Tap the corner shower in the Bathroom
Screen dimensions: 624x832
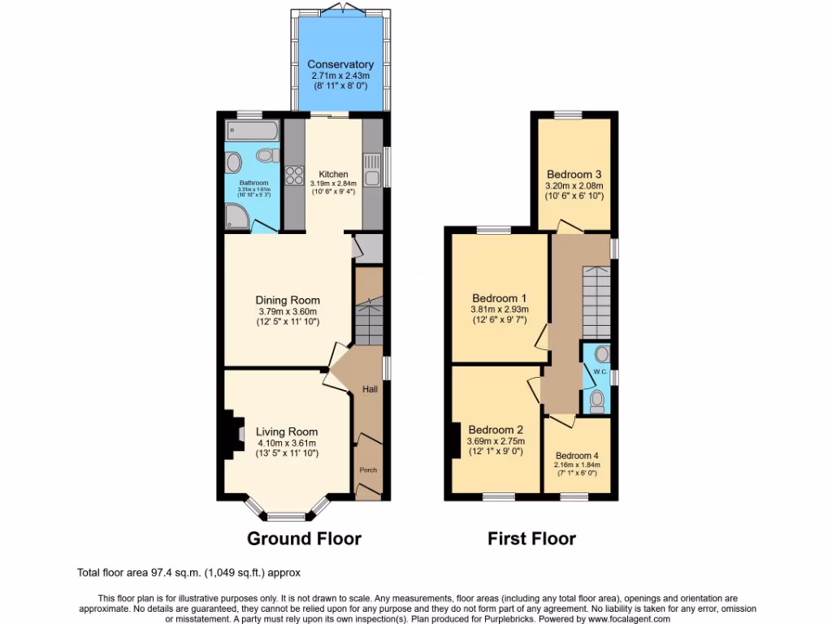[238, 215]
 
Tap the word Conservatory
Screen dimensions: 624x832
[340, 64]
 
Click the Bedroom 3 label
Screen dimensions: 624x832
[574, 174]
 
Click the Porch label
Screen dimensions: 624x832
[369, 470]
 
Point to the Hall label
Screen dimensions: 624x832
[370, 390]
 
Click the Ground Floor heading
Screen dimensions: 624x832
[304, 538]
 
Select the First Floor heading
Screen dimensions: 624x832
[531, 538]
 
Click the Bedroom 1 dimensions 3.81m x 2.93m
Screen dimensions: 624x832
[499, 309]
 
